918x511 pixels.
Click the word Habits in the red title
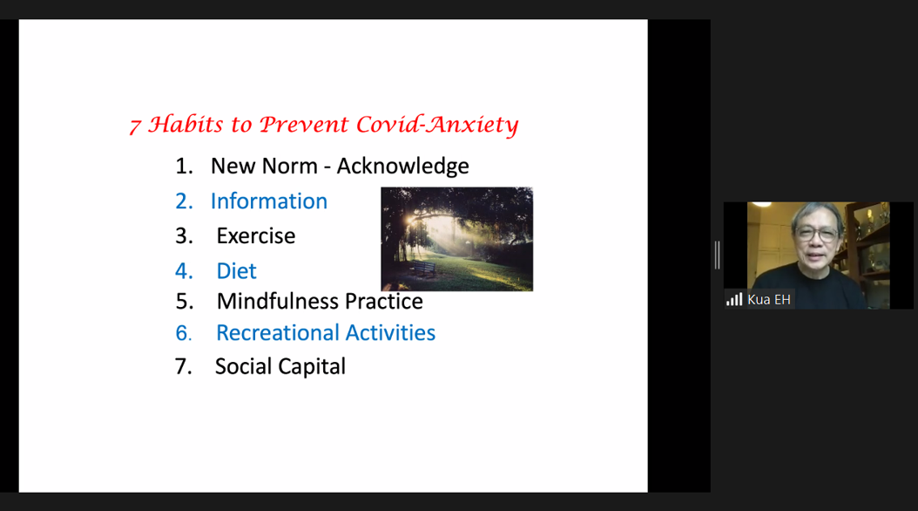pyautogui.click(x=186, y=124)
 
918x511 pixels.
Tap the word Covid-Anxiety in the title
pyautogui.click(x=437, y=124)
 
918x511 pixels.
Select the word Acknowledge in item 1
pyautogui.click(x=402, y=167)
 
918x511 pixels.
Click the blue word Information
pyautogui.click(x=269, y=201)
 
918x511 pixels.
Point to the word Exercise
pyautogui.click(x=256, y=235)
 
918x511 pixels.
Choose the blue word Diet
pyautogui.click(x=237, y=270)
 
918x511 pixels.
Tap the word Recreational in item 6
pyautogui.click(x=278, y=333)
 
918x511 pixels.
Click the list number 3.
pyautogui.click(x=184, y=235)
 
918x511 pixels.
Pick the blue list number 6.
pyautogui.click(x=183, y=333)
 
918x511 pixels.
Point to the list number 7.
pyautogui.click(x=183, y=366)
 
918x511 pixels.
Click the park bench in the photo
pyautogui.click(x=422, y=269)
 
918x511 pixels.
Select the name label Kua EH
pyautogui.click(x=769, y=299)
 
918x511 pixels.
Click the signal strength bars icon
pyautogui.click(x=734, y=299)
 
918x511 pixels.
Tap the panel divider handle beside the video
pyautogui.click(x=717, y=255)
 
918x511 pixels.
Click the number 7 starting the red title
pyautogui.click(x=135, y=126)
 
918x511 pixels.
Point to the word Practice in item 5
pyautogui.click(x=384, y=301)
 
